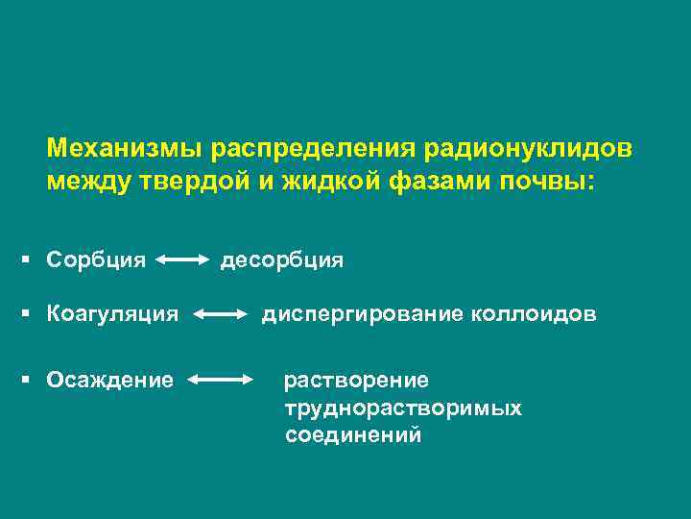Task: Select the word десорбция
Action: [281, 260]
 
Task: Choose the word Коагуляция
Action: [112, 313]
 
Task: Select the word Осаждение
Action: [110, 381]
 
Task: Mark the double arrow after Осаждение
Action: [220, 381]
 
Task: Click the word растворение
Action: [356, 381]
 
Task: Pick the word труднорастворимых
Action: [403, 408]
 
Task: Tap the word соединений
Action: [352, 435]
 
